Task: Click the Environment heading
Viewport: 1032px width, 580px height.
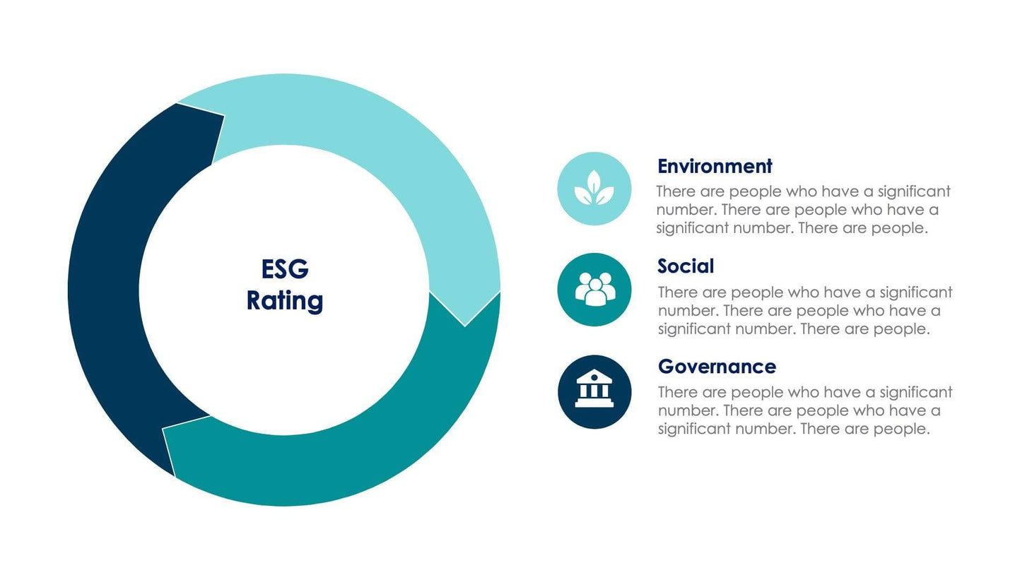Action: pyautogui.click(x=714, y=167)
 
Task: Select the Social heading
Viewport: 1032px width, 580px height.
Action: pyautogui.click(x=685, y=266)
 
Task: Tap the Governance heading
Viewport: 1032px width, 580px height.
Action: pyautogui.click(x=716, y=367)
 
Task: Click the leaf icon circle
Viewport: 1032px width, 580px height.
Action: pyautogui.click(x=594, y=189)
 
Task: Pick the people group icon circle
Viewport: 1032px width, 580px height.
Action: pyautogui.click(x=594, y=290)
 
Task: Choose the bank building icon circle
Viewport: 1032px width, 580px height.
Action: pyautogui.click(x=594, y=391)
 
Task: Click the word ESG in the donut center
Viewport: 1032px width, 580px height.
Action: pyautogui.click(x=285, y=269)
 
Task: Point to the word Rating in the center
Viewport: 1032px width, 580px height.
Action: pyautogui.click(x=285, y=300)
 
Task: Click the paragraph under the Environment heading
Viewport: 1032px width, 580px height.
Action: pyautogui.click(x=802, y=210)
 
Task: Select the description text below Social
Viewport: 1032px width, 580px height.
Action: pyautogui.click(x=804, y=311)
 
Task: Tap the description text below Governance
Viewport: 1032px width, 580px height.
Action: pyautogui.click(x=804, y=410)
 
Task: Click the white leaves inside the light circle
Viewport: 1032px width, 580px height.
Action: pyautogui.click(x=594, y=189)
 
